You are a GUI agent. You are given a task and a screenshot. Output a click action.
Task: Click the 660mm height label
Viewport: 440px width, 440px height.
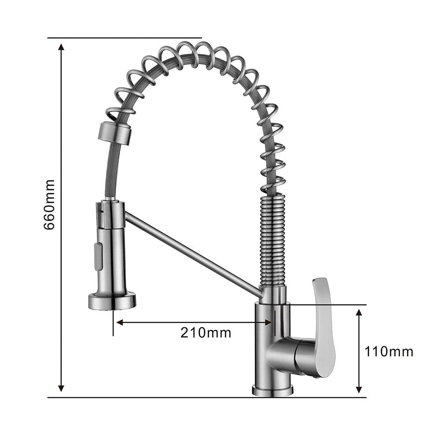[x=49, y=205]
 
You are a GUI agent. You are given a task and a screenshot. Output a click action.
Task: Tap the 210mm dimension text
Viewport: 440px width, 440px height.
[x=205, y=333]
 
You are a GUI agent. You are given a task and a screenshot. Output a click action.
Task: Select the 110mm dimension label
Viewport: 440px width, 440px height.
[x=389, y=352]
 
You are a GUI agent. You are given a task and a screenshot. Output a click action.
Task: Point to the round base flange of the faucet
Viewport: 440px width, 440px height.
[x=272, y=390]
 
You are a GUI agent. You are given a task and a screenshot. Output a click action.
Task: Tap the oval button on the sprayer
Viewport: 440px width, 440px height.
[x=98, y=257]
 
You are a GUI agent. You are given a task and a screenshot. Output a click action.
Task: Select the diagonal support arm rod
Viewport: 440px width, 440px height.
[x=194, y=254]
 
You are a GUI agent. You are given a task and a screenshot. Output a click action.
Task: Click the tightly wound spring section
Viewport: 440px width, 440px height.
[x=273, y=241]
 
